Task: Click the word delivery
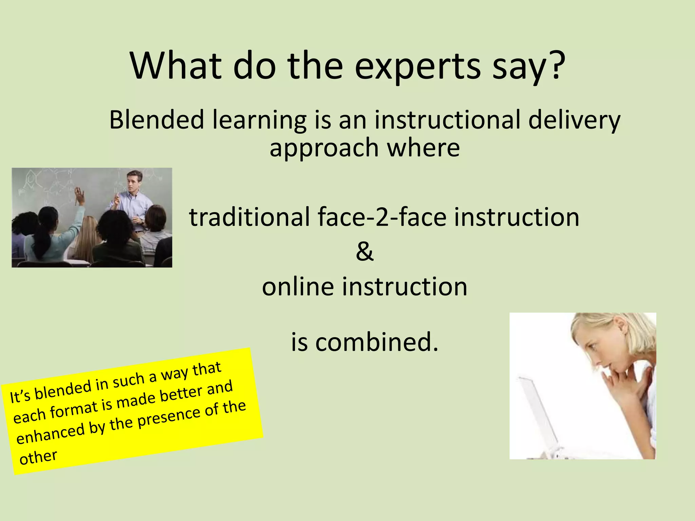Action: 574,121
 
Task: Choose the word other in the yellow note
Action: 38,458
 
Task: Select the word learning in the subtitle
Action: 260,121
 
